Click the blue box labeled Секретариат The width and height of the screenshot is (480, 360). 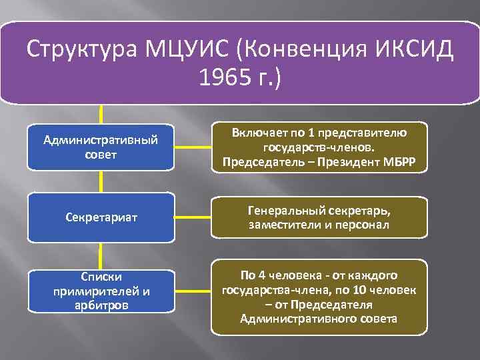(x=100, y=217)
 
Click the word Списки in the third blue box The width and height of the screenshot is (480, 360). (x=100, y=275)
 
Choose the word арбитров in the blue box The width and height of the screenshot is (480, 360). (x=100, y=305)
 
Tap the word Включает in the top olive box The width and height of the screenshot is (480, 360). (x=255, y=134)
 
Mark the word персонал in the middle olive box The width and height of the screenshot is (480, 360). (x=365, y=224)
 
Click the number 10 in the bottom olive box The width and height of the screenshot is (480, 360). (x=370, y=290)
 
